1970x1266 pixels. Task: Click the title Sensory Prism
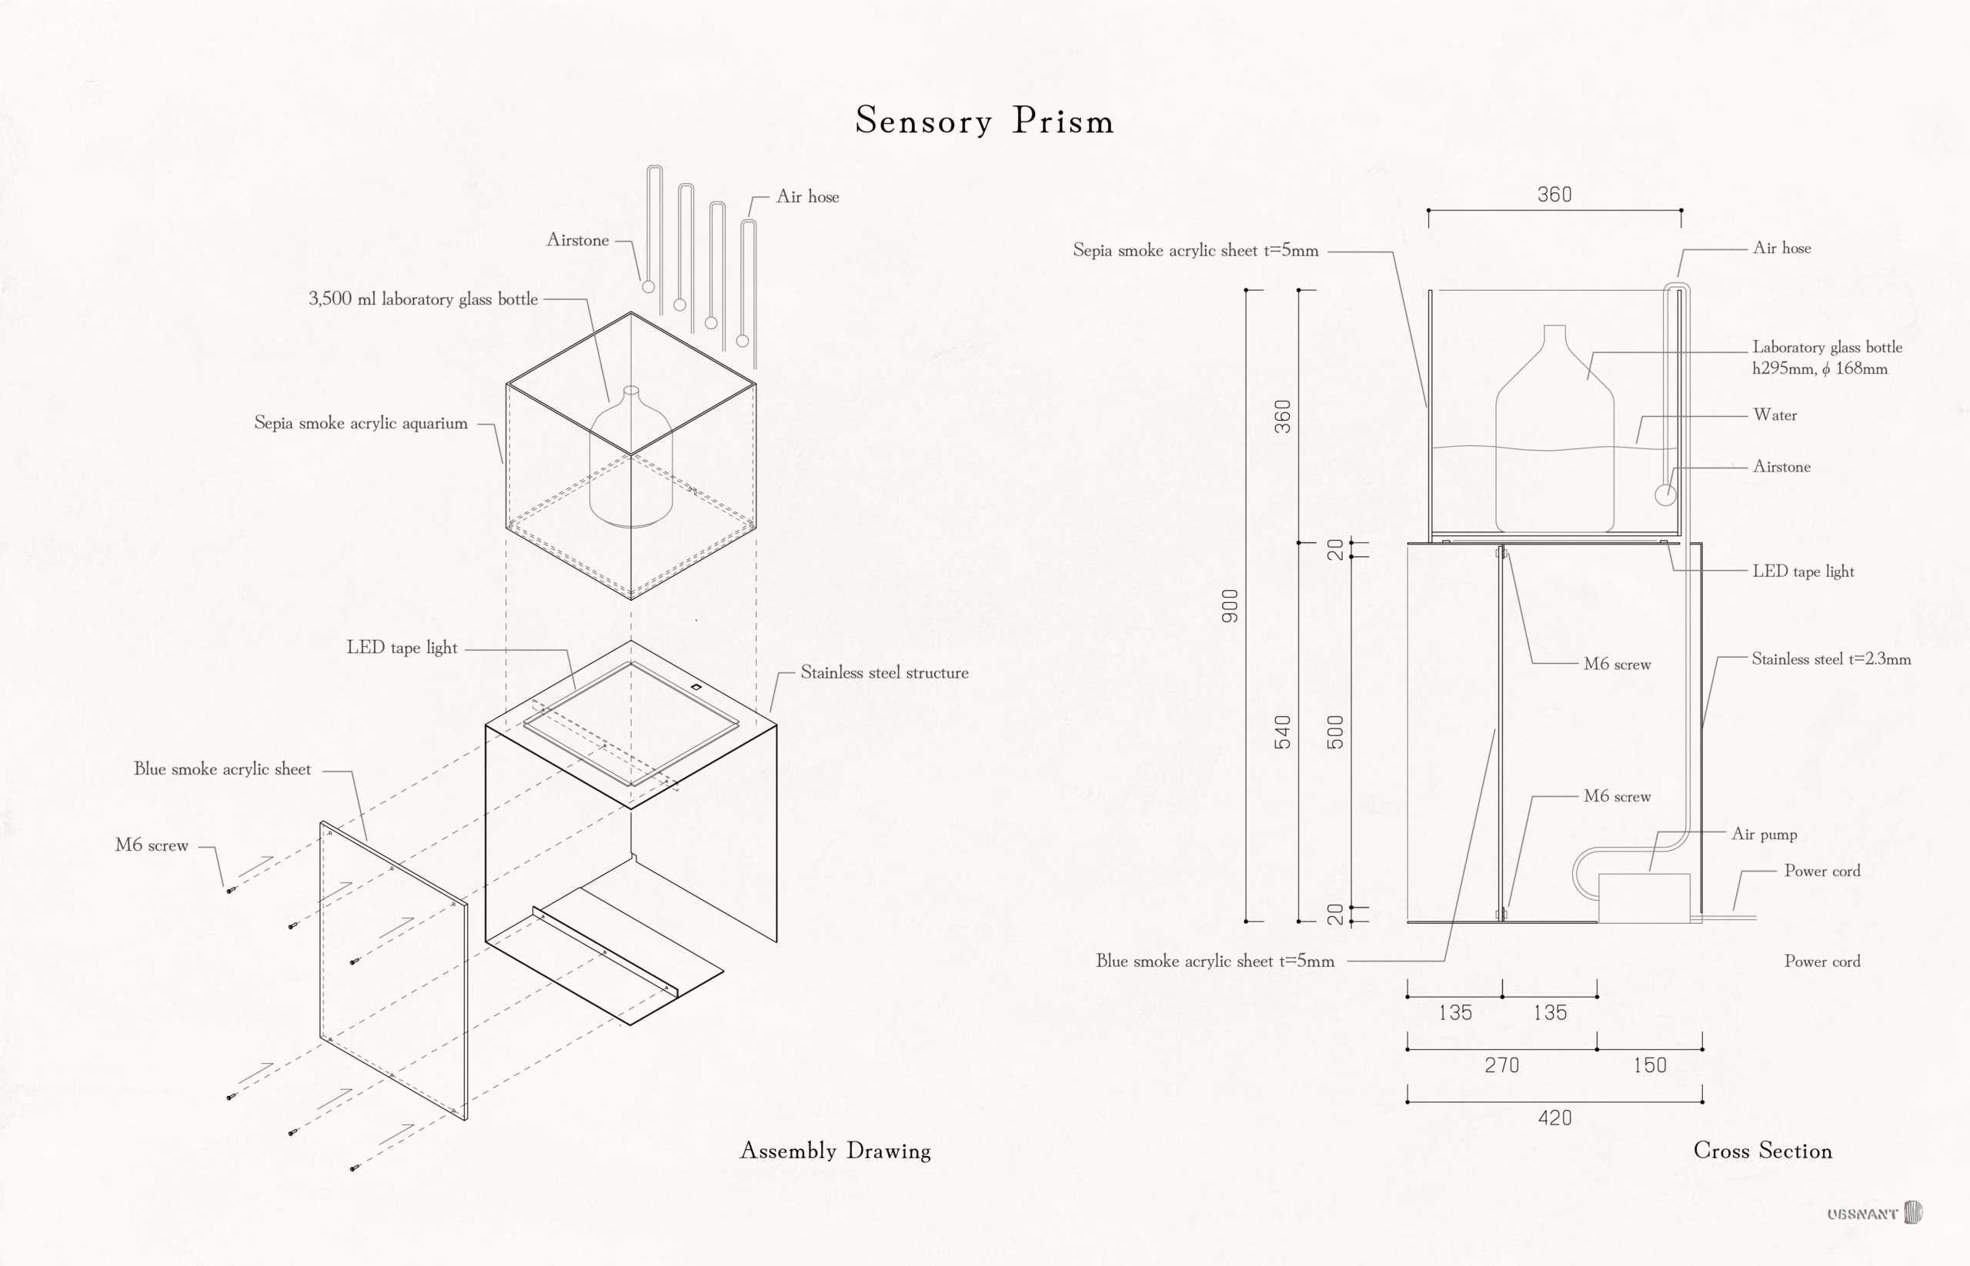984,121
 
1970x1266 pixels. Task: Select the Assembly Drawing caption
835,1150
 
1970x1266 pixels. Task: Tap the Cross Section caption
1762,1150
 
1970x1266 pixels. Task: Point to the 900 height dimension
1230,606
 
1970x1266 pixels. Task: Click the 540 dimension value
1282,732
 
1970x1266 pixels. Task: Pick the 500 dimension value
1335,732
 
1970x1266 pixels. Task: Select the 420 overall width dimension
1554,1118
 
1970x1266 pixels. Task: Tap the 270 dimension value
1501,1065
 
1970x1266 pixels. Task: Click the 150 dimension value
1649,1065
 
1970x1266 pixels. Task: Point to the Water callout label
1775,415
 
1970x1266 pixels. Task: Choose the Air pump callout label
1764,834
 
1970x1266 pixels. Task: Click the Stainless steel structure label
884,672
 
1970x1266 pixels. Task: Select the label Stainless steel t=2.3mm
1830,658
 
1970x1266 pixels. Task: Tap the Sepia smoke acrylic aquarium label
360,423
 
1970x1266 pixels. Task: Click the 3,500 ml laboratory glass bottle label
422,298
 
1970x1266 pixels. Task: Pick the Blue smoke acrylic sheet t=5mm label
1214,961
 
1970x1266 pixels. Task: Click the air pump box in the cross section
1644,898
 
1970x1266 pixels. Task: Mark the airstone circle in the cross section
1664,495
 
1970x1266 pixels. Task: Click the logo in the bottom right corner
1875,1214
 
